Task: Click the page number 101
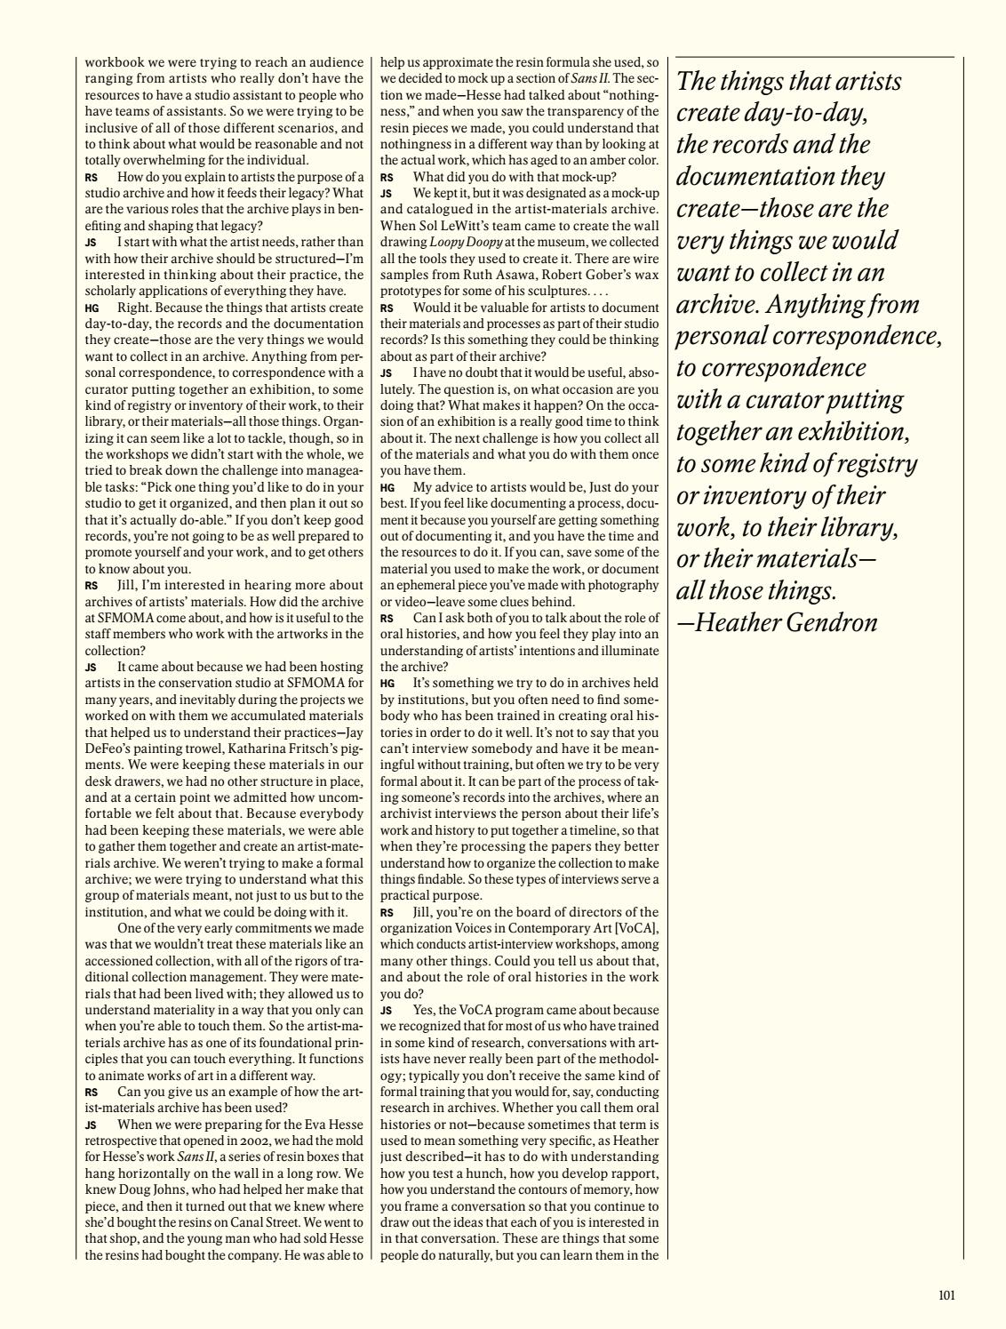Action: [x=946, y=1295]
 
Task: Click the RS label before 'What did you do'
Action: [x=387, y=176]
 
